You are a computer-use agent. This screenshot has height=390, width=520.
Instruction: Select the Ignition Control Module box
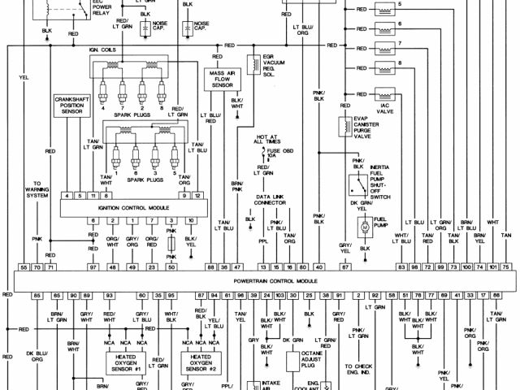128,208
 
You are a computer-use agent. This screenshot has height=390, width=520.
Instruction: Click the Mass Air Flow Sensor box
218,78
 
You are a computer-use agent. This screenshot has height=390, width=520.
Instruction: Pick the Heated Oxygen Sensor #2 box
200,362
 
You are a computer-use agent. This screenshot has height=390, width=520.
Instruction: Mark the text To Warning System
37,189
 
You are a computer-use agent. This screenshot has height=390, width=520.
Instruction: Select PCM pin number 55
24,267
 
